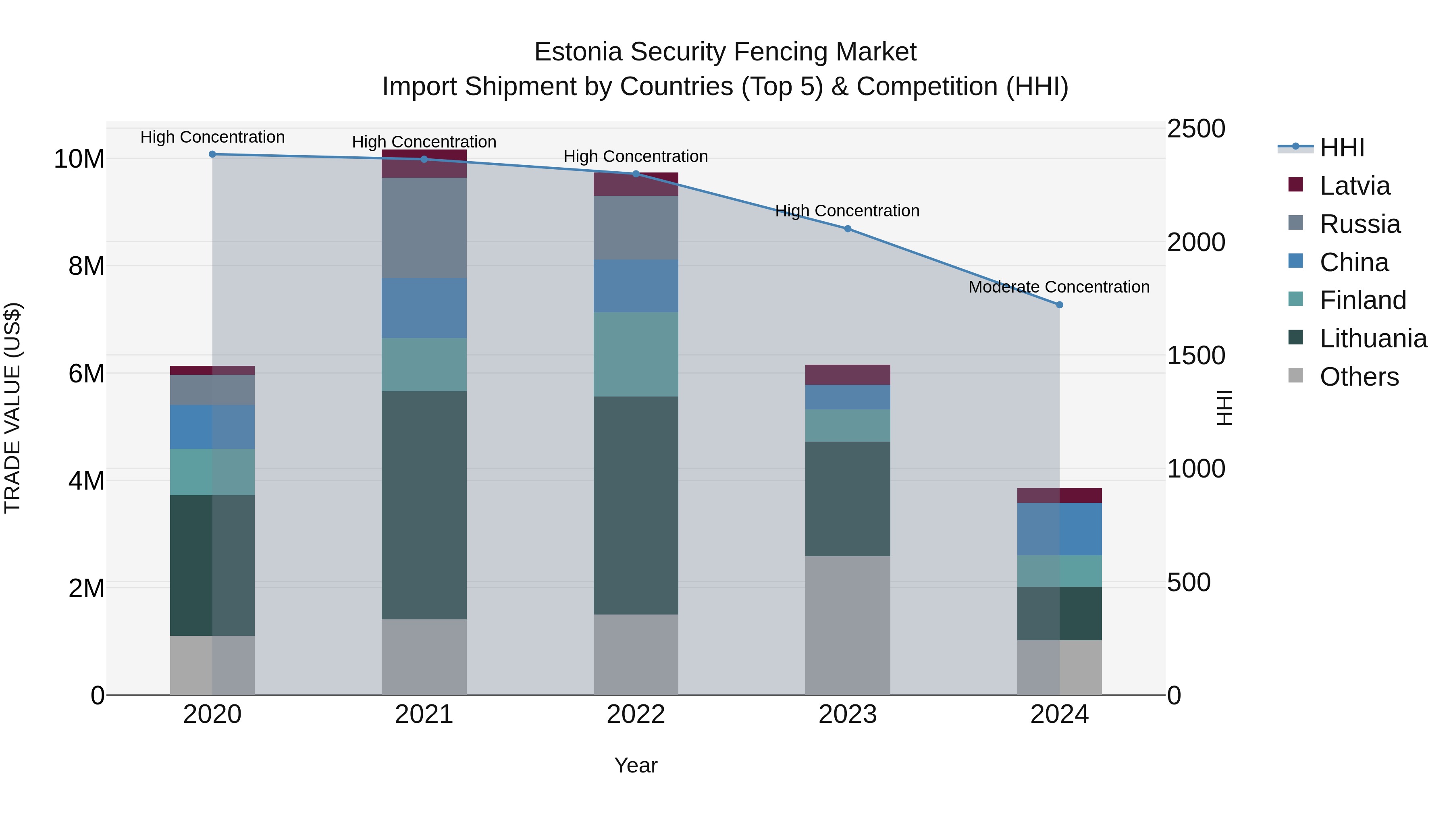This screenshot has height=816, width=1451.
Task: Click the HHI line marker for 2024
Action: click(x=1060, y=305)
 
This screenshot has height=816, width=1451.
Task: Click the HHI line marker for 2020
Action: click(x=212, y=154)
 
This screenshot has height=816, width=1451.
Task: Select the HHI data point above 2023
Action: click(x=848, y=228)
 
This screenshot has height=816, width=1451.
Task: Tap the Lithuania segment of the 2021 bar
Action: click(x=424, y=505)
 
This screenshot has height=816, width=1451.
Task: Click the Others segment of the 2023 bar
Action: click(x=848, y=625)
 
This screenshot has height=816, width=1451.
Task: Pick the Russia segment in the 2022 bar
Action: click(x=636, y=228)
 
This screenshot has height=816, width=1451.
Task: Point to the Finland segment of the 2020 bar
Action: click(x=212, y=472)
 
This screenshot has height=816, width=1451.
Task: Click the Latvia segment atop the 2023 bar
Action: click(x=848, y=374)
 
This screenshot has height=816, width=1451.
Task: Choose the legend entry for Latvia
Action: click(x=1355, y=186)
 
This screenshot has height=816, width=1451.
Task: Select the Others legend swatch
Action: click(x=1295, y=376)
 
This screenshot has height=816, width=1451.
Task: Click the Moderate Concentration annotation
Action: click(x=1059, y=287)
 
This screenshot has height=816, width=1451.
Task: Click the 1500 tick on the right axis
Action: click(x=1196, y=355)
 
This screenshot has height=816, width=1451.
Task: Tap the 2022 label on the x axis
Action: click(x=636, y=714)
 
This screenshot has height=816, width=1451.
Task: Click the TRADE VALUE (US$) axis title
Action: click(x=13, y=408)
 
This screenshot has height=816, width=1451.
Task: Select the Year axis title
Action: click(x=636, y=765)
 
